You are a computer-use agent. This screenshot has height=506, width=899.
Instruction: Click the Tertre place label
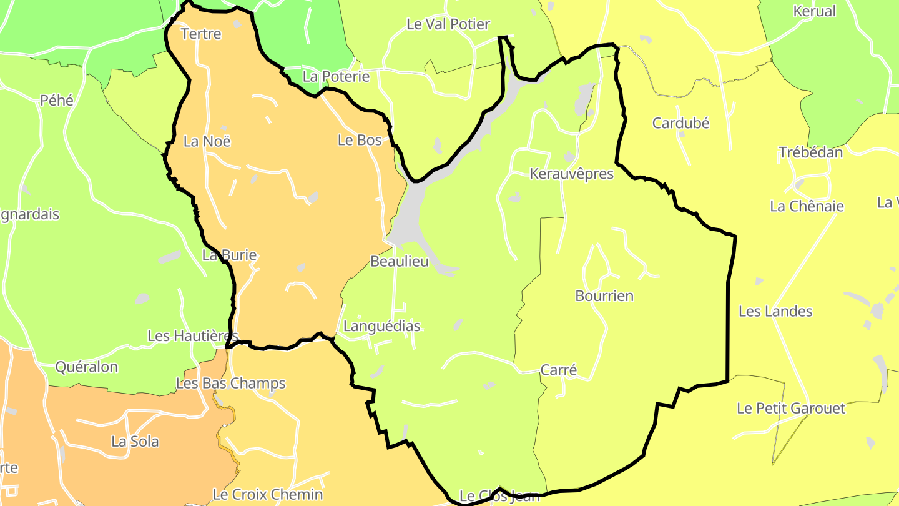point(200,34)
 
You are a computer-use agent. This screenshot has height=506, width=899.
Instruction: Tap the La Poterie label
point(336,77)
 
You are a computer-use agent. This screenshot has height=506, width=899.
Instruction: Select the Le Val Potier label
point(448,24)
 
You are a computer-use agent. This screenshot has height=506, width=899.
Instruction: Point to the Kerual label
point(814,11)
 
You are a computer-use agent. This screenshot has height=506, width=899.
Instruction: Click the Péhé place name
point(57,100)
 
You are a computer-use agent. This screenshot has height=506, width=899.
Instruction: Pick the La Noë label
point(207,142)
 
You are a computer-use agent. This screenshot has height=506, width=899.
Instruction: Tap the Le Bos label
point(360,141)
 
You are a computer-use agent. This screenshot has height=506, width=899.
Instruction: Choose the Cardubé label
point(680,123)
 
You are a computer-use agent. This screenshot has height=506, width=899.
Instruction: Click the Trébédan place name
point(810,152)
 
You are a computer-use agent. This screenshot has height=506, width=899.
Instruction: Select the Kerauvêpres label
point(571,174)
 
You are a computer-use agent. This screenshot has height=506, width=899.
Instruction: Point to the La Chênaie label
point(807,206)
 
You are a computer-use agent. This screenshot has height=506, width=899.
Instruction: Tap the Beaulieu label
point(400,262)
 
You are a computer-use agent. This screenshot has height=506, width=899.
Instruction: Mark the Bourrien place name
point(604,296)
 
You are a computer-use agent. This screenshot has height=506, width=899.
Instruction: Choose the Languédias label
point(381,326)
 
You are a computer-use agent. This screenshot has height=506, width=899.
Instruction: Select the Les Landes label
point(775,311)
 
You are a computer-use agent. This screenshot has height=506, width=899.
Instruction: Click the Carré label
point(558,370)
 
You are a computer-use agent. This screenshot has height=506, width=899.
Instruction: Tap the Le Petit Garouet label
point(790,409)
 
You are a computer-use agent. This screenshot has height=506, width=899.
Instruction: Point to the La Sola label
point(135,442)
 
